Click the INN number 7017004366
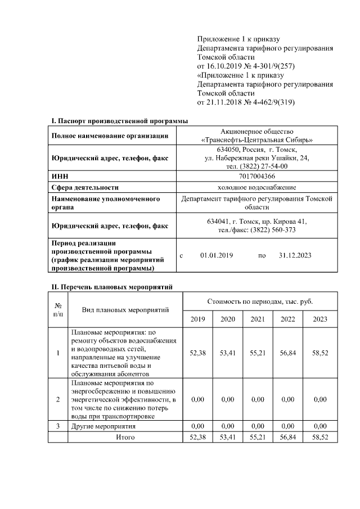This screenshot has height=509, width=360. click(256, 176)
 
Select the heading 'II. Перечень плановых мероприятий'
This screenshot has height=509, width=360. click(112, 287)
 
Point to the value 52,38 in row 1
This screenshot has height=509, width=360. click(197, 353)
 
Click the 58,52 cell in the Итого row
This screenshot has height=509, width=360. click(319, 436)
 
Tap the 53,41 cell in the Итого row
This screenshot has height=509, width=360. click(228, 436)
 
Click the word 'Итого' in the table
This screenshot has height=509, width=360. click(125, 436)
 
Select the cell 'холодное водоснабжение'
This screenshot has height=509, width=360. click(256, 187)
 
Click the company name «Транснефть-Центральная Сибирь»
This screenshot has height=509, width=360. click(256, 139)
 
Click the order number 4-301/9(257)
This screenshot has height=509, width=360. click(268, 66)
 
